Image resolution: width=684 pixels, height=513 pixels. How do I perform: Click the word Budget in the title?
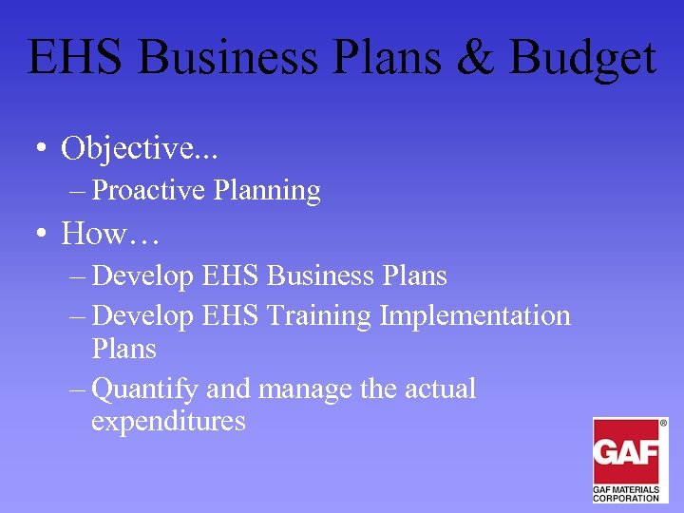(581, 58)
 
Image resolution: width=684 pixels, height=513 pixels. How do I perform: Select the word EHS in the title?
(76, 58)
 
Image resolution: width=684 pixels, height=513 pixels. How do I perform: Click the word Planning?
(267, 191)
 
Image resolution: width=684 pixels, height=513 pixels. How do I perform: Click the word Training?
(319, 314)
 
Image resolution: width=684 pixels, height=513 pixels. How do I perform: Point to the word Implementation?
(475, 315)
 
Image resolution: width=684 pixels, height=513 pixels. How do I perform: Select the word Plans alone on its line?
(123, 349)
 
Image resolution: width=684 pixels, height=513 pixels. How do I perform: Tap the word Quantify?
(146, 389)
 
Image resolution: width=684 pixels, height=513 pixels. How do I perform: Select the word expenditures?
(168, 422)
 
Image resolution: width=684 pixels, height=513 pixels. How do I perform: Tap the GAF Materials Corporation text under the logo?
(628, 493)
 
